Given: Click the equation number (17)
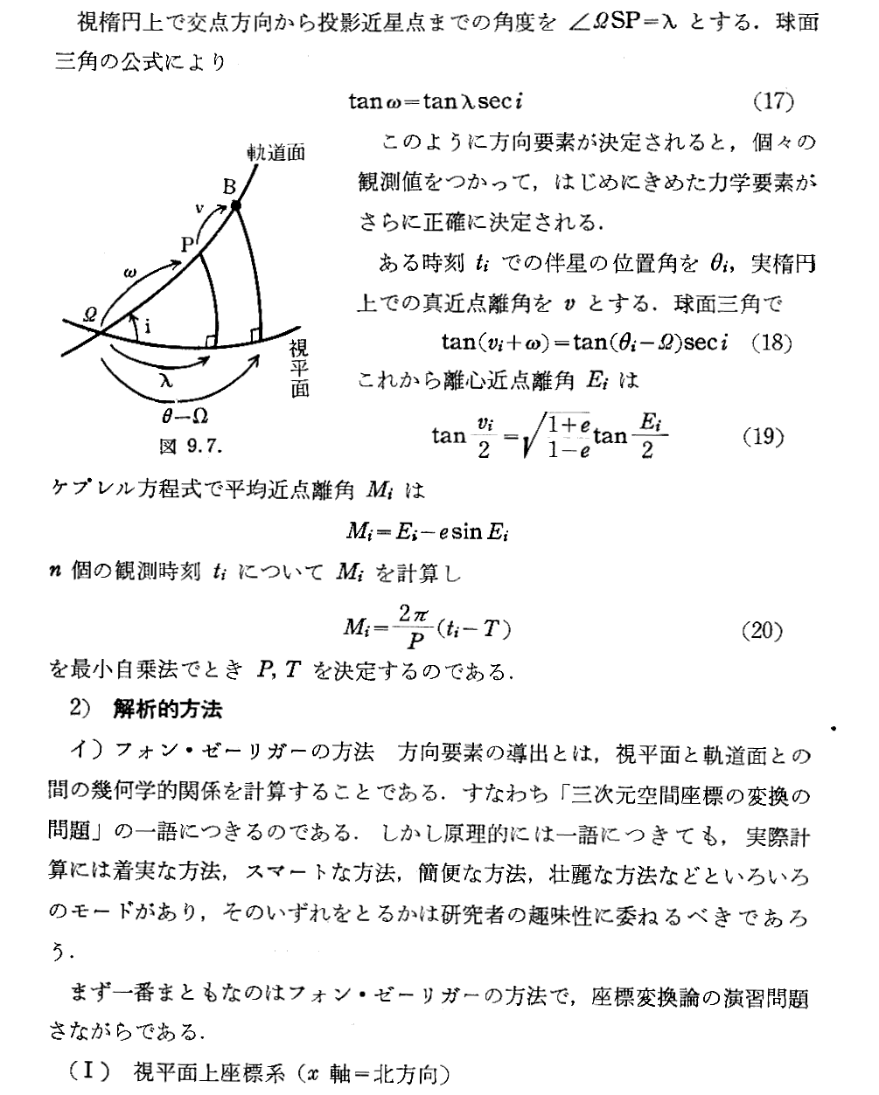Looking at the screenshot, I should coord(773,101).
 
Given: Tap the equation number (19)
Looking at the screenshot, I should coord(763,436).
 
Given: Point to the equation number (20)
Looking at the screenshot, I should coord(761,629).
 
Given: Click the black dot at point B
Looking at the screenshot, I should coord(235,206).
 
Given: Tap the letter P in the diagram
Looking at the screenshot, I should coord(186,245).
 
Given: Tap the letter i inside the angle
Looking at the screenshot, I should coord(148,327).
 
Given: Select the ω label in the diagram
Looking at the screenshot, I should coord(130,274).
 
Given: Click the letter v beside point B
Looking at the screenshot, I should coord(199,207).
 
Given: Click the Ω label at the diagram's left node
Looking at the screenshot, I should coord(91,314).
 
